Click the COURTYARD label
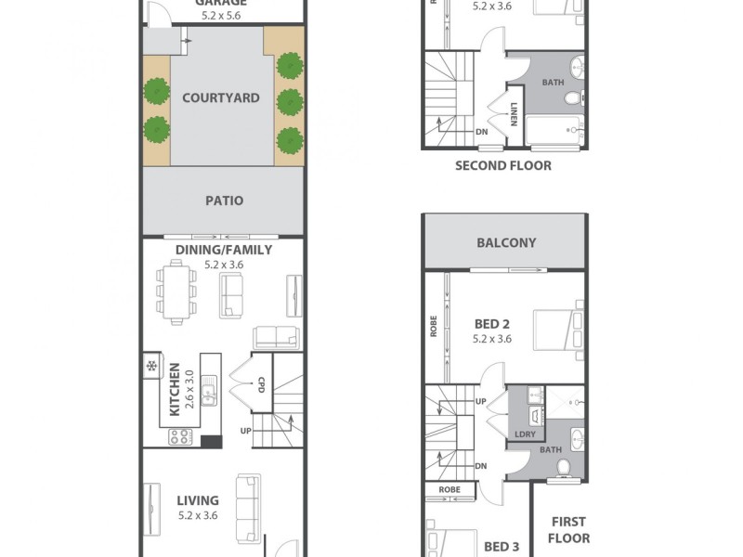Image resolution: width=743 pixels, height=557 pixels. click(220, 97)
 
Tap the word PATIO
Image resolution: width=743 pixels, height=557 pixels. click(224, 201)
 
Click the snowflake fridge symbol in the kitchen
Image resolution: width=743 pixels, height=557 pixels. click(151, 366)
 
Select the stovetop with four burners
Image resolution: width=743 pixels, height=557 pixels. click(179, 435)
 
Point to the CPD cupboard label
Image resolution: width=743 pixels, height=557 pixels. click(261, 384)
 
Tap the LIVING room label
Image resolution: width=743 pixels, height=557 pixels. click(198, 501)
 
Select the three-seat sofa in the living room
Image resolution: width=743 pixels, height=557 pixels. click(248, 511)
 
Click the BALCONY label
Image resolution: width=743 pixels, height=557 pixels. click(505, 243)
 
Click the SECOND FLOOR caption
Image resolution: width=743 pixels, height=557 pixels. click(502, 166)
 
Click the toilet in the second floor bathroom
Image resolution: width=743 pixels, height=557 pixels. click(572, 97)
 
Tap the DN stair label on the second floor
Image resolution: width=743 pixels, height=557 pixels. click(482, 131)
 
